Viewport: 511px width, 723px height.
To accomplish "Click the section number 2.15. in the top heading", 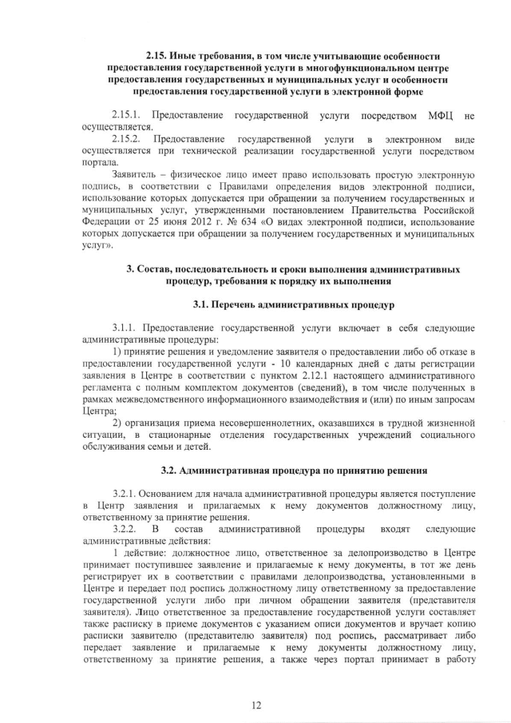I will [158, 55].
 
